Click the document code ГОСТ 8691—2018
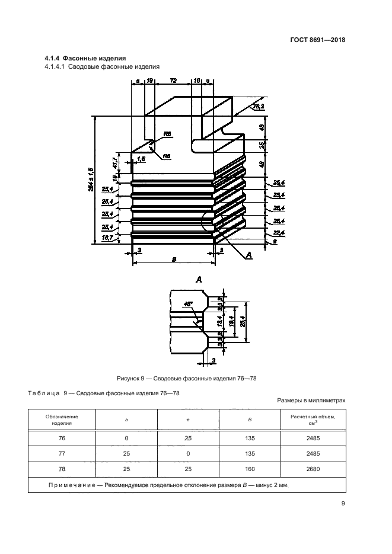pos(318,40)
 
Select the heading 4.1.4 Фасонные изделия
pos(85,58)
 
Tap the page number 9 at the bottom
pos(343,504)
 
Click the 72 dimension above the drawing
pos(174,79)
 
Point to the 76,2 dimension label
pos(259,107)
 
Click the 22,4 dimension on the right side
pos(278,233)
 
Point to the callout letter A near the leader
pos(248,254)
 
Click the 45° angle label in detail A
pos(189,304)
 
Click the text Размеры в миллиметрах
pos(311,401)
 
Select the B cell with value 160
pos(249,469)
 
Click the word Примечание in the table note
pos(74,485)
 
